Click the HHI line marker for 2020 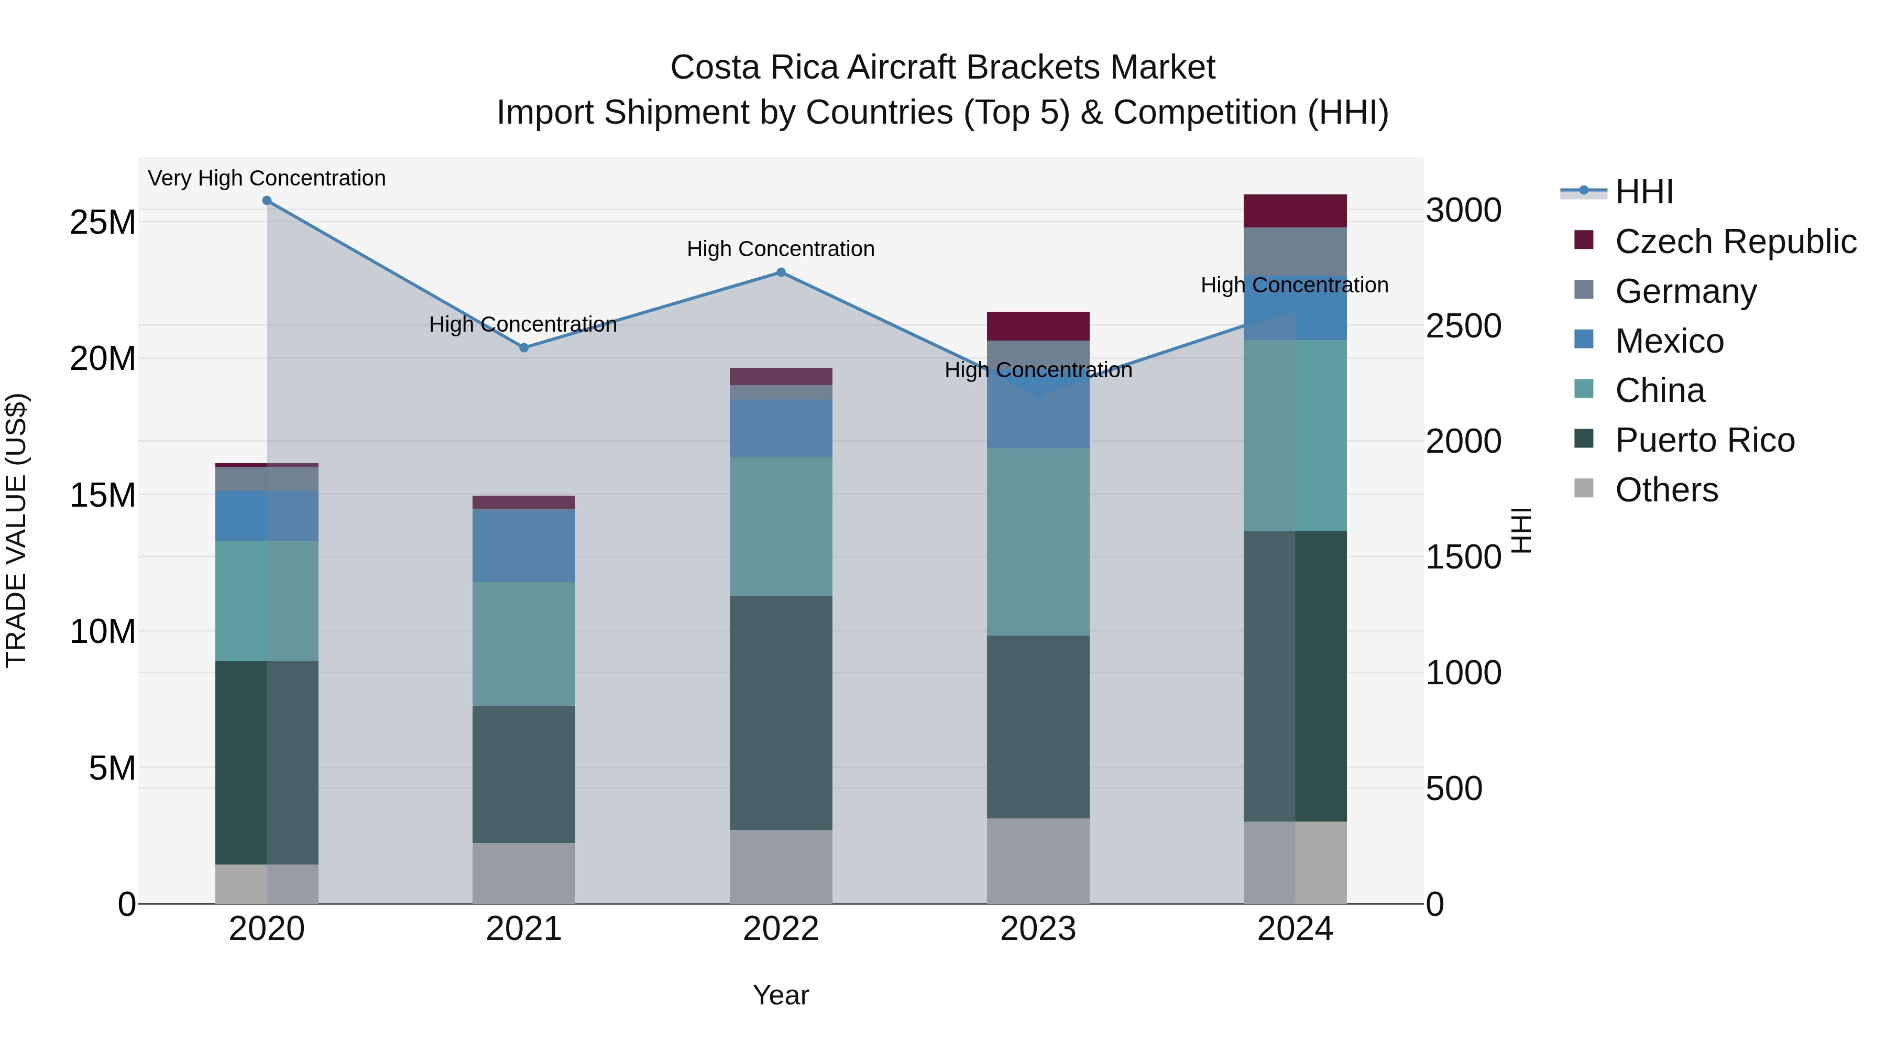pos(267,201)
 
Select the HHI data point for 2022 pos(781,272)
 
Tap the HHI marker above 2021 pos(523,348)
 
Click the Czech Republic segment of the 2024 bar pos(1295,211)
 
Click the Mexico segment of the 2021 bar pos(523,545)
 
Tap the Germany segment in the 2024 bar pos(1295,251)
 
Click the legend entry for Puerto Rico pos(1704,440)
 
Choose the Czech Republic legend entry pos(1735,242)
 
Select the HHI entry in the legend pos(1643,192)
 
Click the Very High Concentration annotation pos(267,178)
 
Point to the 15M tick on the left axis pos(103,495)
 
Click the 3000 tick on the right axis pos(1463,210)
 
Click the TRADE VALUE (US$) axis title pos(16,530)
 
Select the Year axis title pos(781,995)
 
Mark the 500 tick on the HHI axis pos(1454,789)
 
